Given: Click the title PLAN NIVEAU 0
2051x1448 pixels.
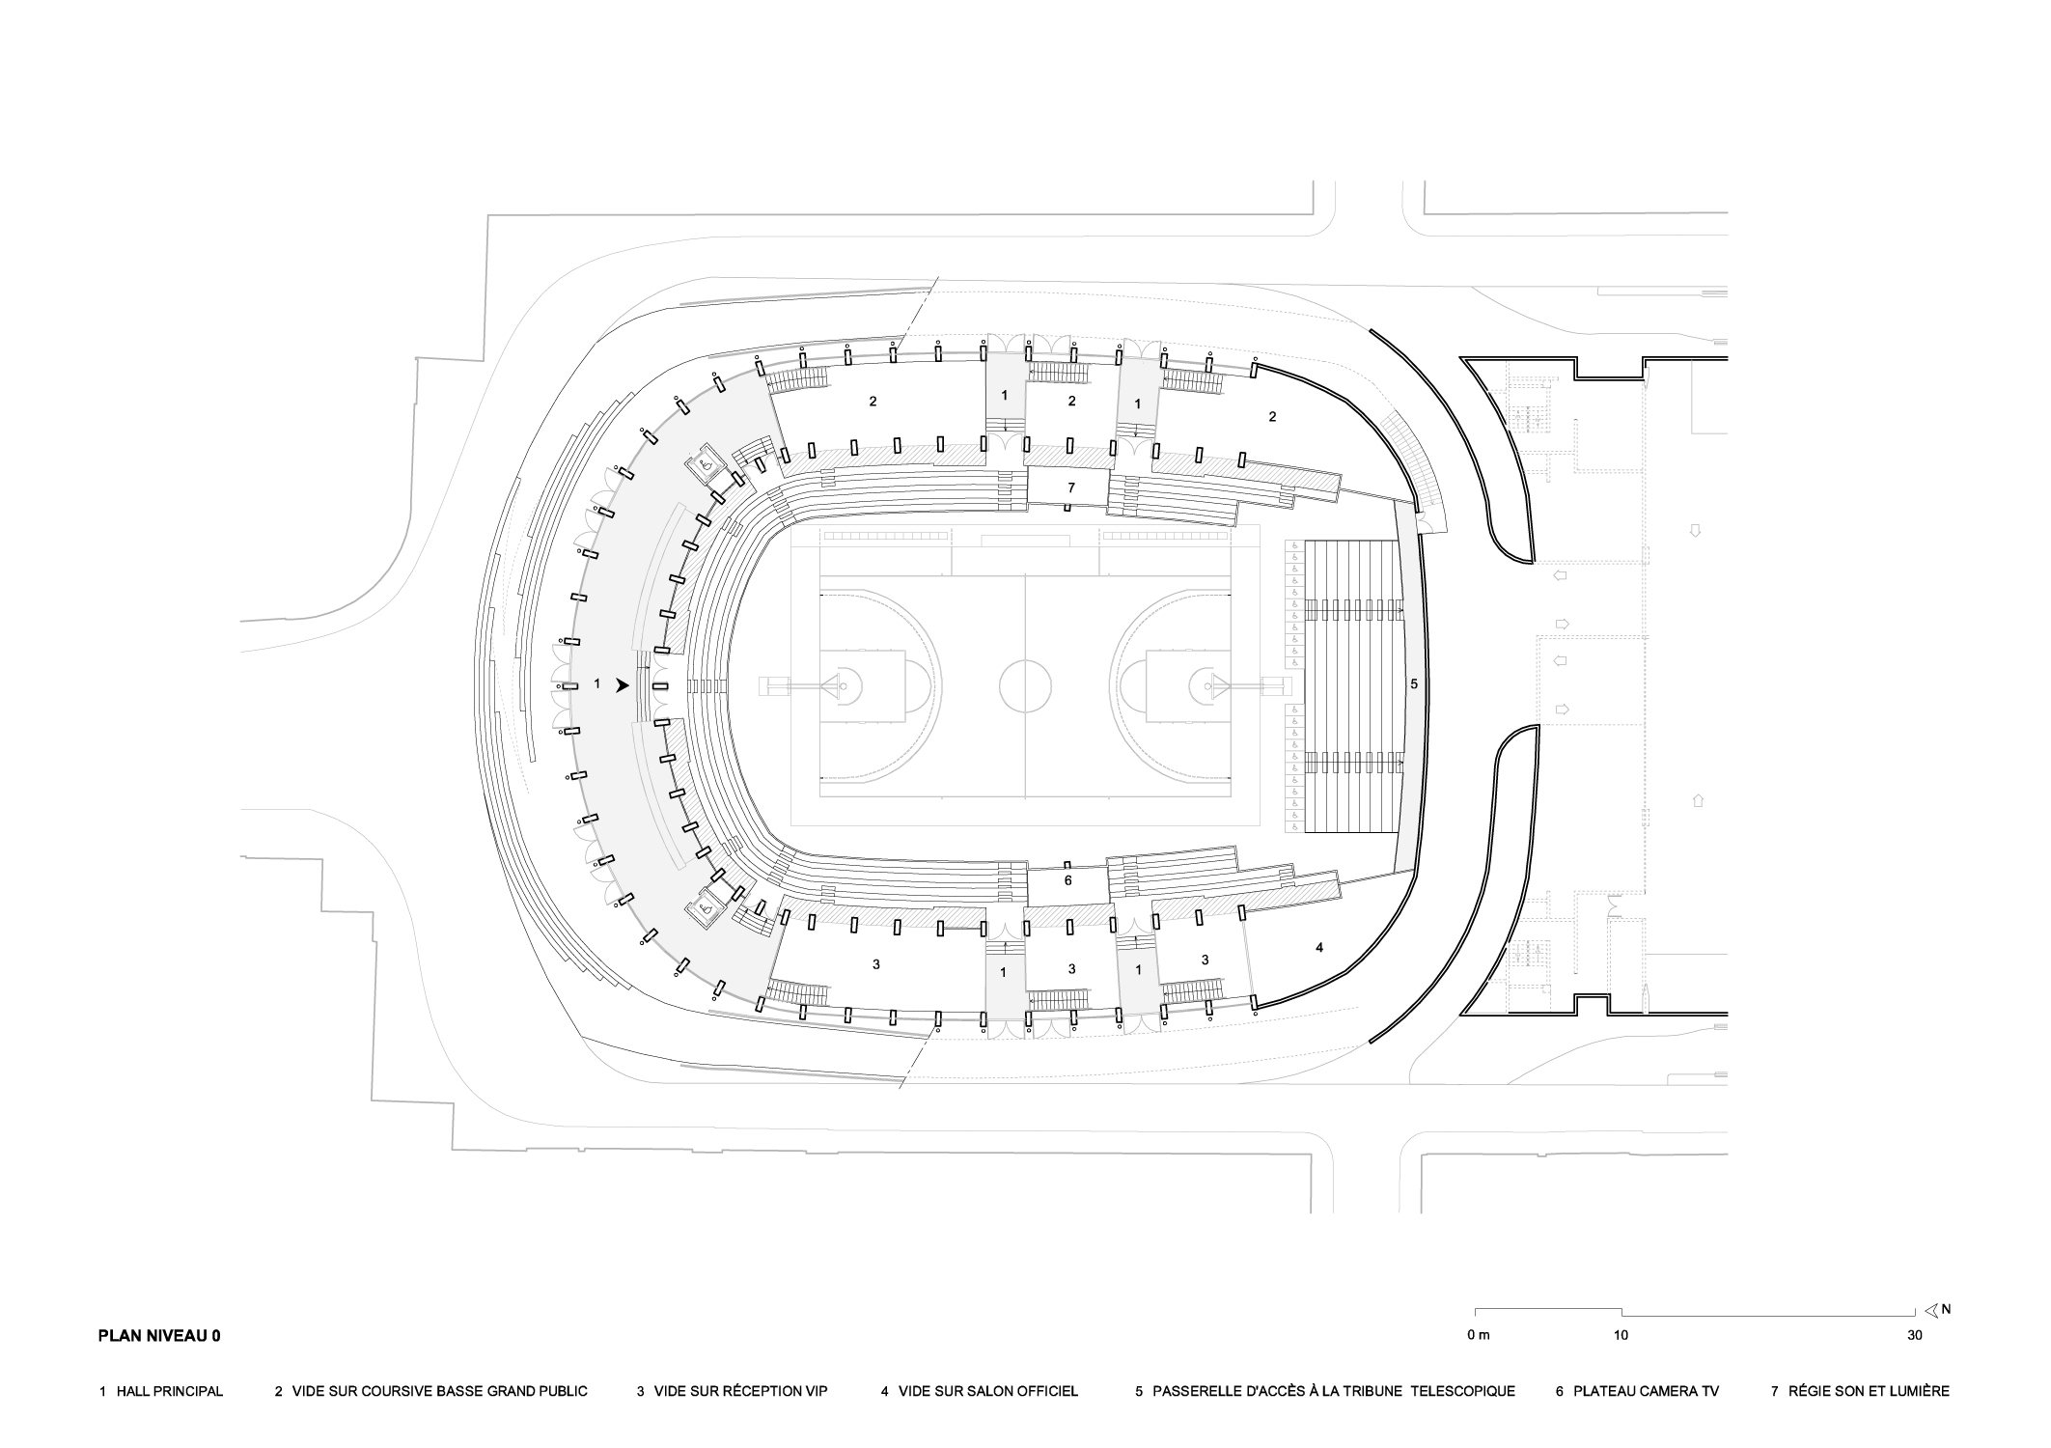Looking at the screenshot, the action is pos(159,1336).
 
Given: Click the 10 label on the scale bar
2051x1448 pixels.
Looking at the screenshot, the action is pos(1621,1336).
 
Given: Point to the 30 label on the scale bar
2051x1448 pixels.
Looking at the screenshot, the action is pos(1915,1336).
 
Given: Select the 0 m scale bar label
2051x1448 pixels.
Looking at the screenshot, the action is pos(1478,1336).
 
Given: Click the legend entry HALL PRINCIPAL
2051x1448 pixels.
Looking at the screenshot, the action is pos(161,1391).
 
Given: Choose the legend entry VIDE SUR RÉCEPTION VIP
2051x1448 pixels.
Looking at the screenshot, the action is pos(732,1391).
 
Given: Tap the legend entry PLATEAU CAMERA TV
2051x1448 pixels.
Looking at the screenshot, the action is pos(1636,1391).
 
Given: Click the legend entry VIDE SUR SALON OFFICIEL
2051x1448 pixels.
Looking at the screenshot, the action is pos(979,1391).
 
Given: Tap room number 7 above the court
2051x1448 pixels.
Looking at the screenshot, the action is pos(1070,488).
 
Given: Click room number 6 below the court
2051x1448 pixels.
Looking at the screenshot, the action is pos(1067,880).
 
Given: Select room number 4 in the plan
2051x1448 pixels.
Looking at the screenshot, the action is pos(1319,947).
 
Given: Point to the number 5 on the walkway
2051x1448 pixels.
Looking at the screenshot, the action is pos(1414,683).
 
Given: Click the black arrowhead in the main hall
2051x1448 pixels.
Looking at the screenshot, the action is pos(623,684).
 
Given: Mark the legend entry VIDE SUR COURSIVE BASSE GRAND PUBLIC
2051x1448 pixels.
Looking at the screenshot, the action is pos(430,1391).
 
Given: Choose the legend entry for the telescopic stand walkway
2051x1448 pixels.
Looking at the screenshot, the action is pos(1325,1391).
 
